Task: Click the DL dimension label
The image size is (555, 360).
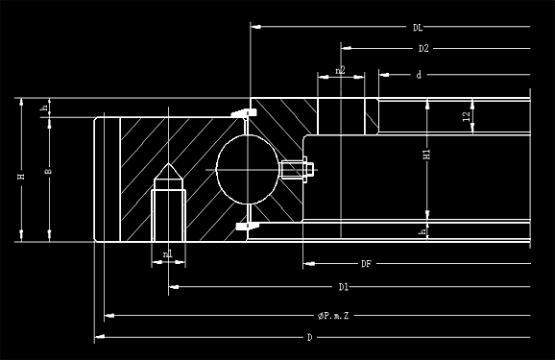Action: point(418,27)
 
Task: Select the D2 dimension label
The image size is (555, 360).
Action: point(422,48)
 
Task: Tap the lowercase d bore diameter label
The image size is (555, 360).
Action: point(420,74)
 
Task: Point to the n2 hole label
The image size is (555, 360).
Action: point(341,70)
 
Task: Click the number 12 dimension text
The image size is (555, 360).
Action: point(466,116)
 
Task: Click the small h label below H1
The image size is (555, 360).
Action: point(422,231)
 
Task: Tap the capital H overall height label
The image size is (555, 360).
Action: point(20,177)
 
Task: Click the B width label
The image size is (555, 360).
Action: point(48,172)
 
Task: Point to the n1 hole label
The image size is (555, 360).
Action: point(168,254)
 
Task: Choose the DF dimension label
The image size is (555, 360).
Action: point(366,262)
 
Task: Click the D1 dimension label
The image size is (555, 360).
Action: point(343,287)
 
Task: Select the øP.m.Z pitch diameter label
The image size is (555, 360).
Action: point(332,315)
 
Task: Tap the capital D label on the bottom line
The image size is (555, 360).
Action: point(309,337)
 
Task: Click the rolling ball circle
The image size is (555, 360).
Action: point(247,167)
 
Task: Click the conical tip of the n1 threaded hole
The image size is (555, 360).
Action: point(169,173)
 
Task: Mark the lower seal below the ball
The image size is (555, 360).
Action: point(246,225)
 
